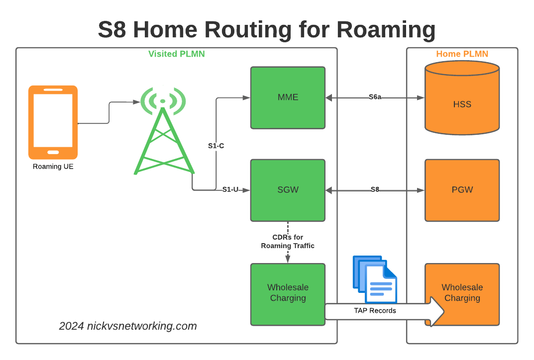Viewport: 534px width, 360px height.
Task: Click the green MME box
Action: (x=288, y=97)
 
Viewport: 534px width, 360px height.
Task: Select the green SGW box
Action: (x=288, y=190)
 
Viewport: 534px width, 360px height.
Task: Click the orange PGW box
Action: (x=462, y=190)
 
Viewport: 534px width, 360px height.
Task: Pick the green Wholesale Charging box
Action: (x=288, y=293)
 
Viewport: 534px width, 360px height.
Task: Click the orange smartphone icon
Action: (x=53, y=122)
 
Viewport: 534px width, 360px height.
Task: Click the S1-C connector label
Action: (x=216, y=146)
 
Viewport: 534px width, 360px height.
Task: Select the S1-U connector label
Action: (x=230, y=189)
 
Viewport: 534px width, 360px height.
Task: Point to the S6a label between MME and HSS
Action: (x=375, y=97)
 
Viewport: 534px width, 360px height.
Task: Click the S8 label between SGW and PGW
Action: (x=375, y=189)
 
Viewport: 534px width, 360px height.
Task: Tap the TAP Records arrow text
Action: (x=375, y=311)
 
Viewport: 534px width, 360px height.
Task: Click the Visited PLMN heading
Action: (x=176, y=54)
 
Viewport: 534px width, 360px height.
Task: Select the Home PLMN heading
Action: (x=462, y=54)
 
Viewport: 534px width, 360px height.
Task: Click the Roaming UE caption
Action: (x=53, y=167)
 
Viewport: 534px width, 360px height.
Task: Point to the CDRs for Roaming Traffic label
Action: (x=288, y=242)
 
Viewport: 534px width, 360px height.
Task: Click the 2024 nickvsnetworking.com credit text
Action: (x=128, y=326)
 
